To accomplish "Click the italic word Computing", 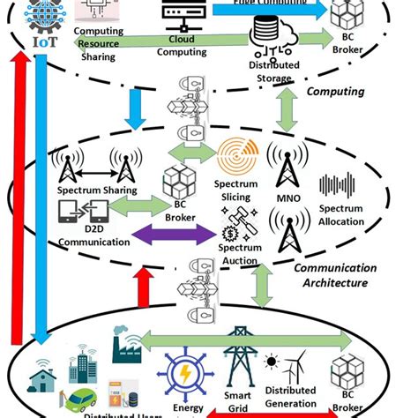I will click(334, 91).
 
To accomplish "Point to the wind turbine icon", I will click(298, 364).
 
